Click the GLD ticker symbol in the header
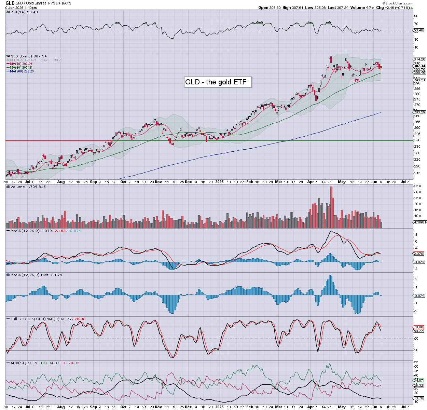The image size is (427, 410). (10, 3)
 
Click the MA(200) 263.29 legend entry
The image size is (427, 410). (22, 71)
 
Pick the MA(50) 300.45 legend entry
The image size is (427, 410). (21, 67)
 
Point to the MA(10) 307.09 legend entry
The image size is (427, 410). (21, 64)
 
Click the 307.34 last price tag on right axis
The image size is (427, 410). (419, 66)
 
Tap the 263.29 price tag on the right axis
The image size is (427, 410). (419, 112)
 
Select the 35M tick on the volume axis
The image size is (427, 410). (417, 186)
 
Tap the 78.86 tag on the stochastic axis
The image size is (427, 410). (418, 327)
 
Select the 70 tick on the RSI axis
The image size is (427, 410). (416, 24)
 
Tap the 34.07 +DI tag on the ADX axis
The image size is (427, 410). (418, 380)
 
